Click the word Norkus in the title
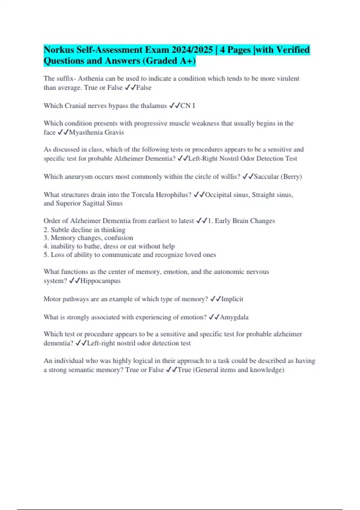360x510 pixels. [x=59, y=49]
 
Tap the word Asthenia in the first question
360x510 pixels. [x=91, y=79]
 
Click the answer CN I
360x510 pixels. [x=187, y=106]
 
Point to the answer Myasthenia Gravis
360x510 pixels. [x=96, y=132]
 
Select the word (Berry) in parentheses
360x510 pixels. [x=291, y=176]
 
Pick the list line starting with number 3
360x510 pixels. [x=88, y=238]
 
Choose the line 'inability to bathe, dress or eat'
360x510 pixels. [x=109, y=246]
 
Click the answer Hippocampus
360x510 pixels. [x=100, y=281]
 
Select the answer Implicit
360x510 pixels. [x=232, y=299]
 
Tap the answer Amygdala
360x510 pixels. [x=234, y=317]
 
